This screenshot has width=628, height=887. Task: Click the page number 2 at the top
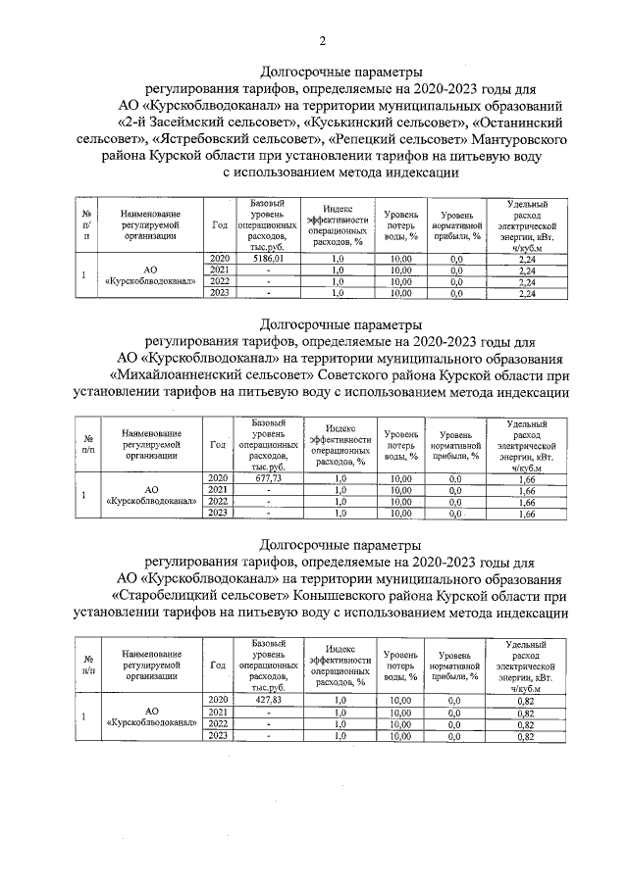pyautogui.click(x=322, y=40)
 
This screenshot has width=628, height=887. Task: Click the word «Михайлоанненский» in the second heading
pyautogui.click(x=187, y=375)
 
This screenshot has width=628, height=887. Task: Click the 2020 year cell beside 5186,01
pyautogui.click(x=219, y=258)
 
